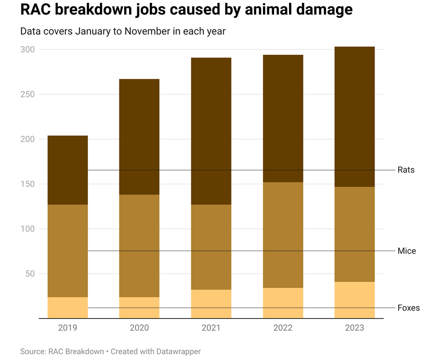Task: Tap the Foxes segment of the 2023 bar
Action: [x=354, y=300]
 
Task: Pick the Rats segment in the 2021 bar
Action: [x=211, y=130]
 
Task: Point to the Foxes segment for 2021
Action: [x=211, y=303]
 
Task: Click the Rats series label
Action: [x=406, y=170]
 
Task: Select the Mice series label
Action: [x=406, y=251]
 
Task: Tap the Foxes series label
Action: [x=408, y=308]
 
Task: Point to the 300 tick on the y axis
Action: [x=27, y=49]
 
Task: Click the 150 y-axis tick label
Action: [x=27, y=184]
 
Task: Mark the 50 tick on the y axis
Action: [x=29, y=274]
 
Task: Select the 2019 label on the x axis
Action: [x=68, y=328]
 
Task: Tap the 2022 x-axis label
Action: [x=283, y=328]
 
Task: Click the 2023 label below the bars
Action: [x=354, y=328]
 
